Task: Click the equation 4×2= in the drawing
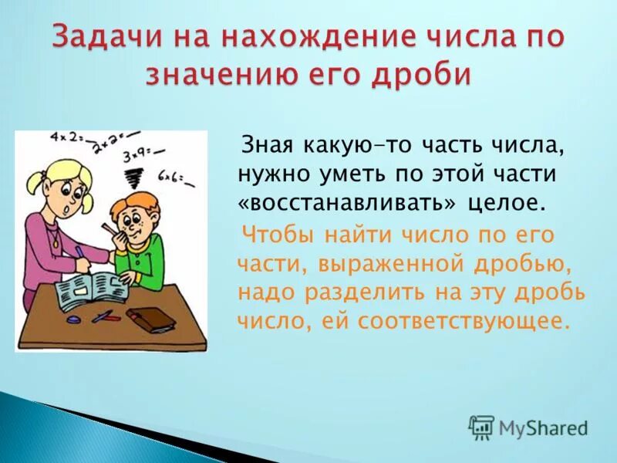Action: tap(67, 139)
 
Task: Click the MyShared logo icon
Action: tap(481, 427)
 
